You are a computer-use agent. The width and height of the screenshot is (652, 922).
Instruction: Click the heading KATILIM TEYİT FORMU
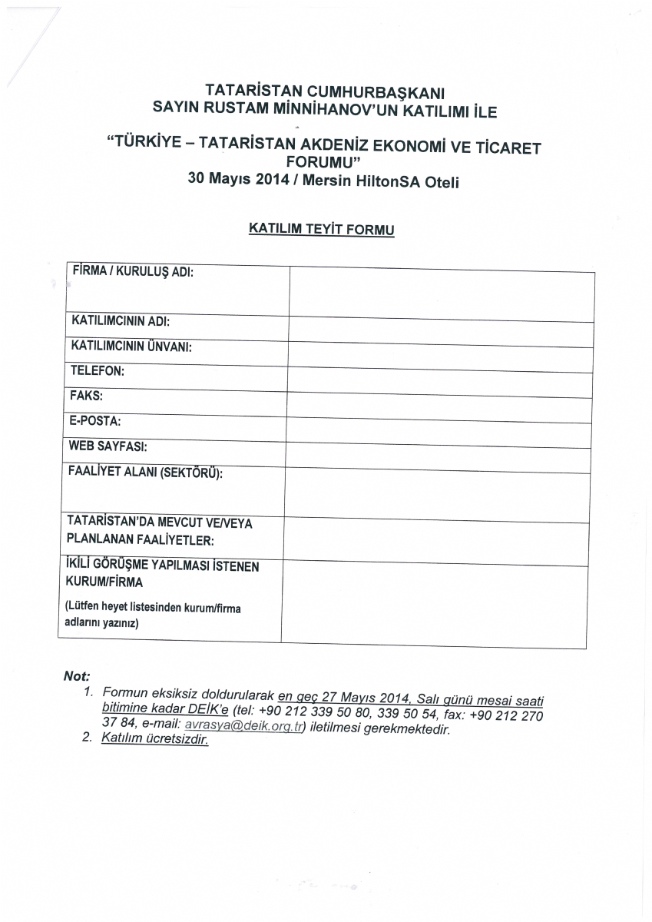[322, 229]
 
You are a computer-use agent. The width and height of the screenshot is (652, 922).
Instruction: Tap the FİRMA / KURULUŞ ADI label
[133, 271]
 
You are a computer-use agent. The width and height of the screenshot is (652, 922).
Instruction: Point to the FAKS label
[86, 396]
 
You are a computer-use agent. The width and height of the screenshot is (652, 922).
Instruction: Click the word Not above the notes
[77, 676]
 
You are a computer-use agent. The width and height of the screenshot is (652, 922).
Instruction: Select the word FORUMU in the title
[323, 162]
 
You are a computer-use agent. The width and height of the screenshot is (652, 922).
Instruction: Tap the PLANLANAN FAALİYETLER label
[141, 539]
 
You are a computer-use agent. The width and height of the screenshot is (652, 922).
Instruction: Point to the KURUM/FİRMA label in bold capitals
[104, 582]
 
